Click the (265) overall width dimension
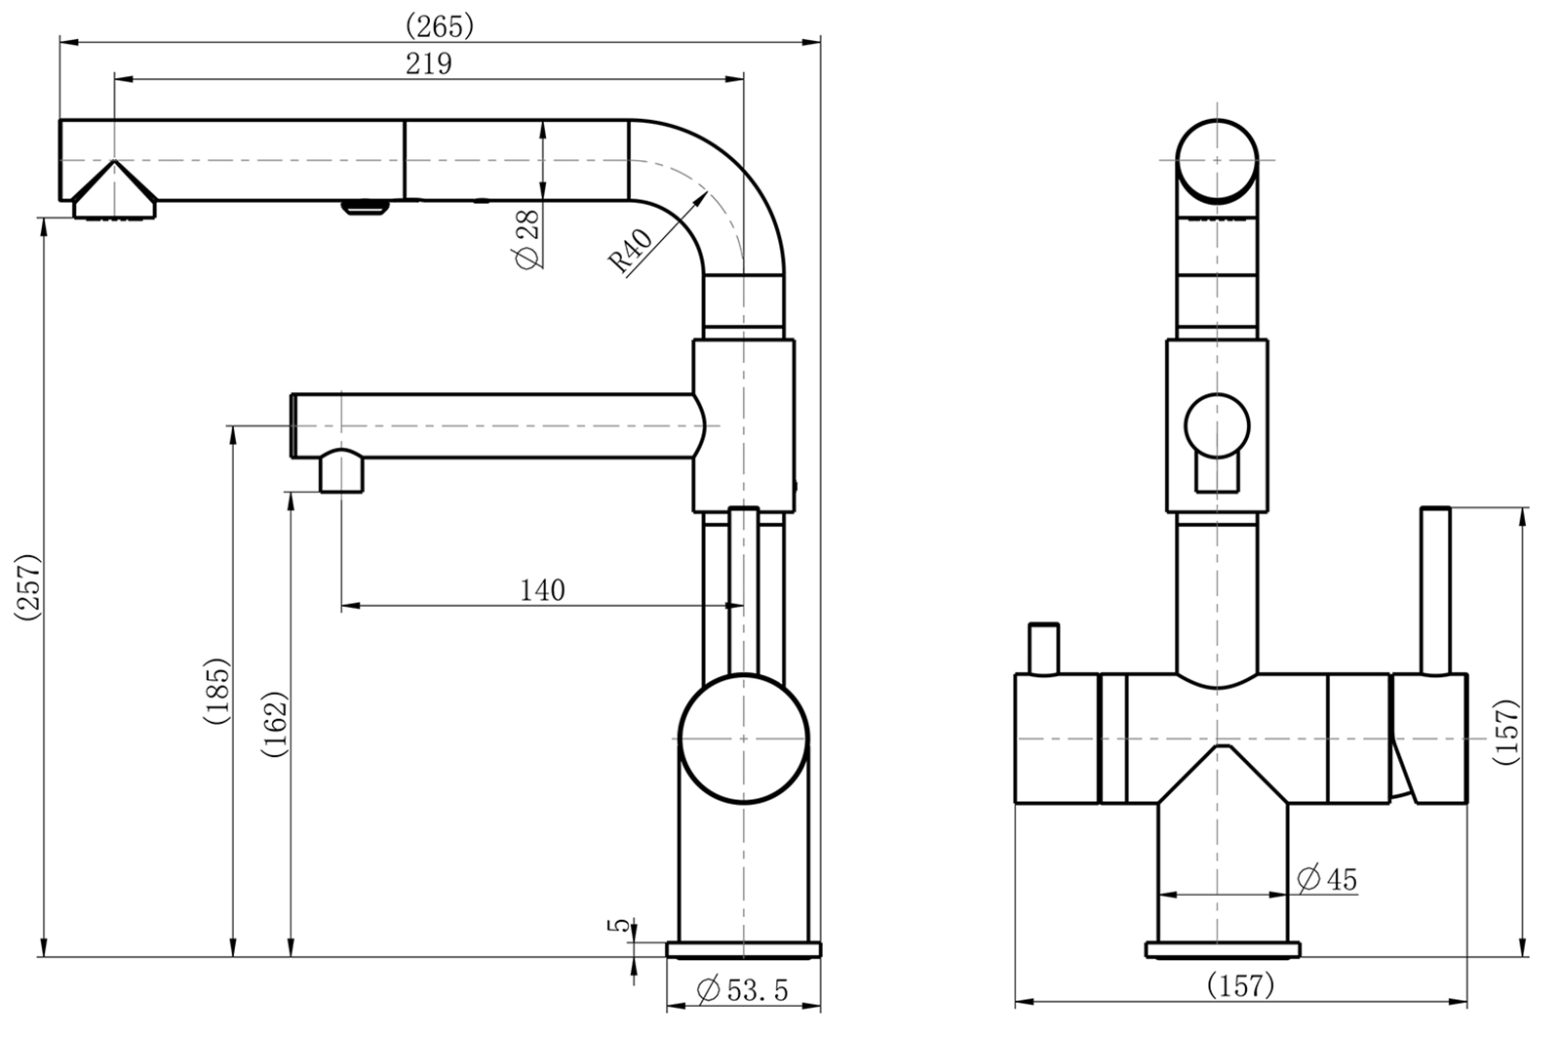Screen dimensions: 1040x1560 [x=439, y=25]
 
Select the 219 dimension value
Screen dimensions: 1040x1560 [x=429, y=64]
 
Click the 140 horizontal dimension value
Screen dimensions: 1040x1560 [x=542, y=590]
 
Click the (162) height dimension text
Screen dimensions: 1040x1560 [x=276, y=724]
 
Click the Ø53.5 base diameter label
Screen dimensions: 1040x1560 [x=743, y=991]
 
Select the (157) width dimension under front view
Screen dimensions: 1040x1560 [x=1240, y=986]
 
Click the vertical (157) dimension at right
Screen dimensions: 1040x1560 [x=1506, y=732]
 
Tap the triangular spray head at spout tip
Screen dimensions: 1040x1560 [x=114, y=191]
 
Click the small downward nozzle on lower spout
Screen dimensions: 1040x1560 [x=341, y=474]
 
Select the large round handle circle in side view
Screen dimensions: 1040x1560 [x=743, y=740]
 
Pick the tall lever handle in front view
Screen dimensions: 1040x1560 [x=1435, y=590]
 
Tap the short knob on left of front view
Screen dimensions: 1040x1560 [x=1045, y=648]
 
